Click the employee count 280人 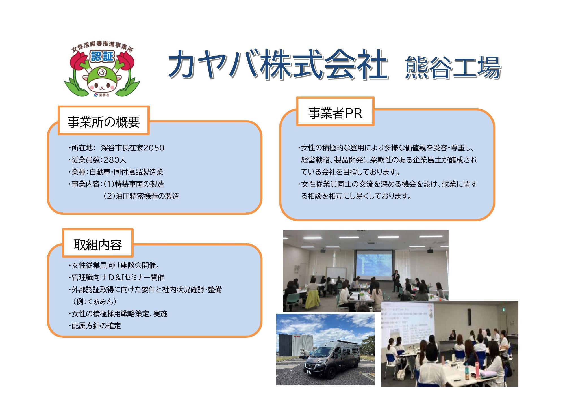click(x=115, y=160)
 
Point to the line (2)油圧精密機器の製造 click(x=141, y=196)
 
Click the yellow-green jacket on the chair click(x=313, y=299)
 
